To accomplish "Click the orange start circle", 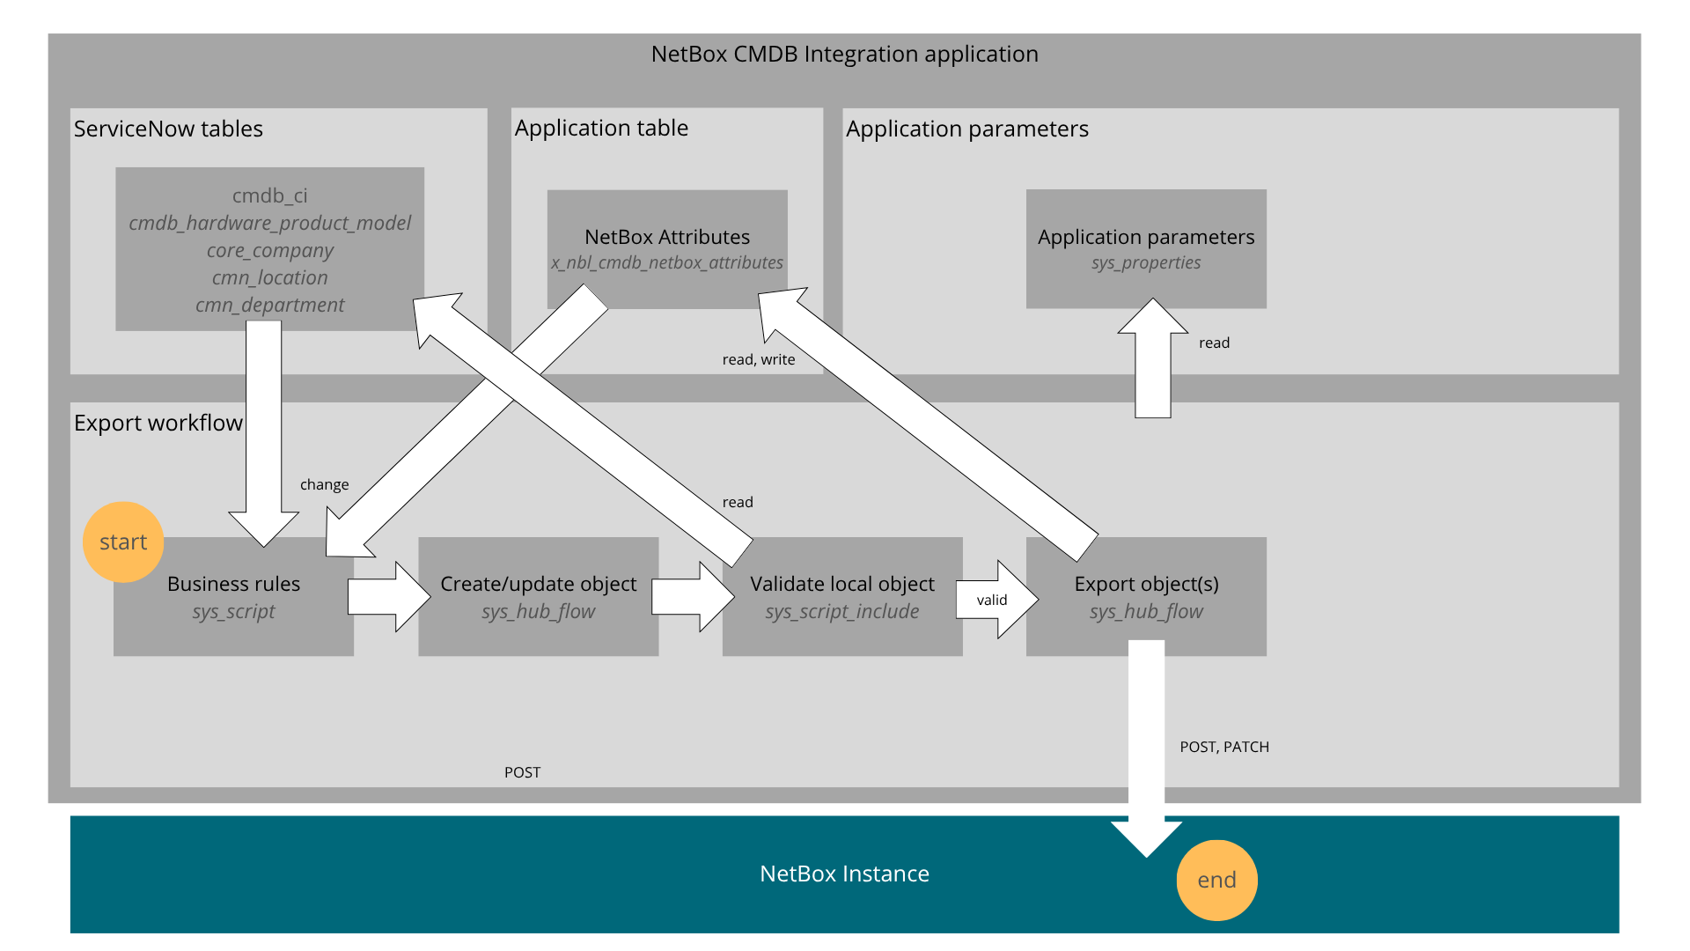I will (x=122, y=542).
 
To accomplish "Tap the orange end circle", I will (x=1216, y=880).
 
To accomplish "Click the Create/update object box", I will (x=538, y=597).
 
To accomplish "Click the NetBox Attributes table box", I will (x=666, y=238).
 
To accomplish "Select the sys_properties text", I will (x=1145, y=262).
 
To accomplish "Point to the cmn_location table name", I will (x=269, y=277).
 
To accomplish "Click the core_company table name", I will (x=269, y=250).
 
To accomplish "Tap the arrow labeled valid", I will (x=995, y=600).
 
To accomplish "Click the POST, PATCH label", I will (x=1223, y=747).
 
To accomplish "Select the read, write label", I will (x=758, y=359).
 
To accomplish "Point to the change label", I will (x=324, y=484).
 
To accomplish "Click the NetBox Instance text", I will (x=843, y=874).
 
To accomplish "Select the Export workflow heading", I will (x=158, y=423).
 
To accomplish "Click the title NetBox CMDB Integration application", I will (x=844, y=54).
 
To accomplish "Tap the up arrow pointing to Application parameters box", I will (x=1152, y=361).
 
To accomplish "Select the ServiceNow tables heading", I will (x=168, y=129).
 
